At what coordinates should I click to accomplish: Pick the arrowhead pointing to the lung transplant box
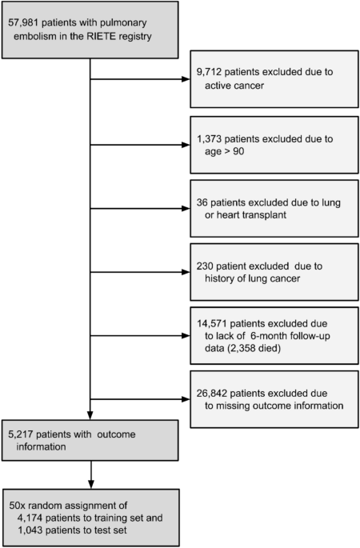click(185, 209)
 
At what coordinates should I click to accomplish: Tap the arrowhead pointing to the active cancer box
click(185, 80)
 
